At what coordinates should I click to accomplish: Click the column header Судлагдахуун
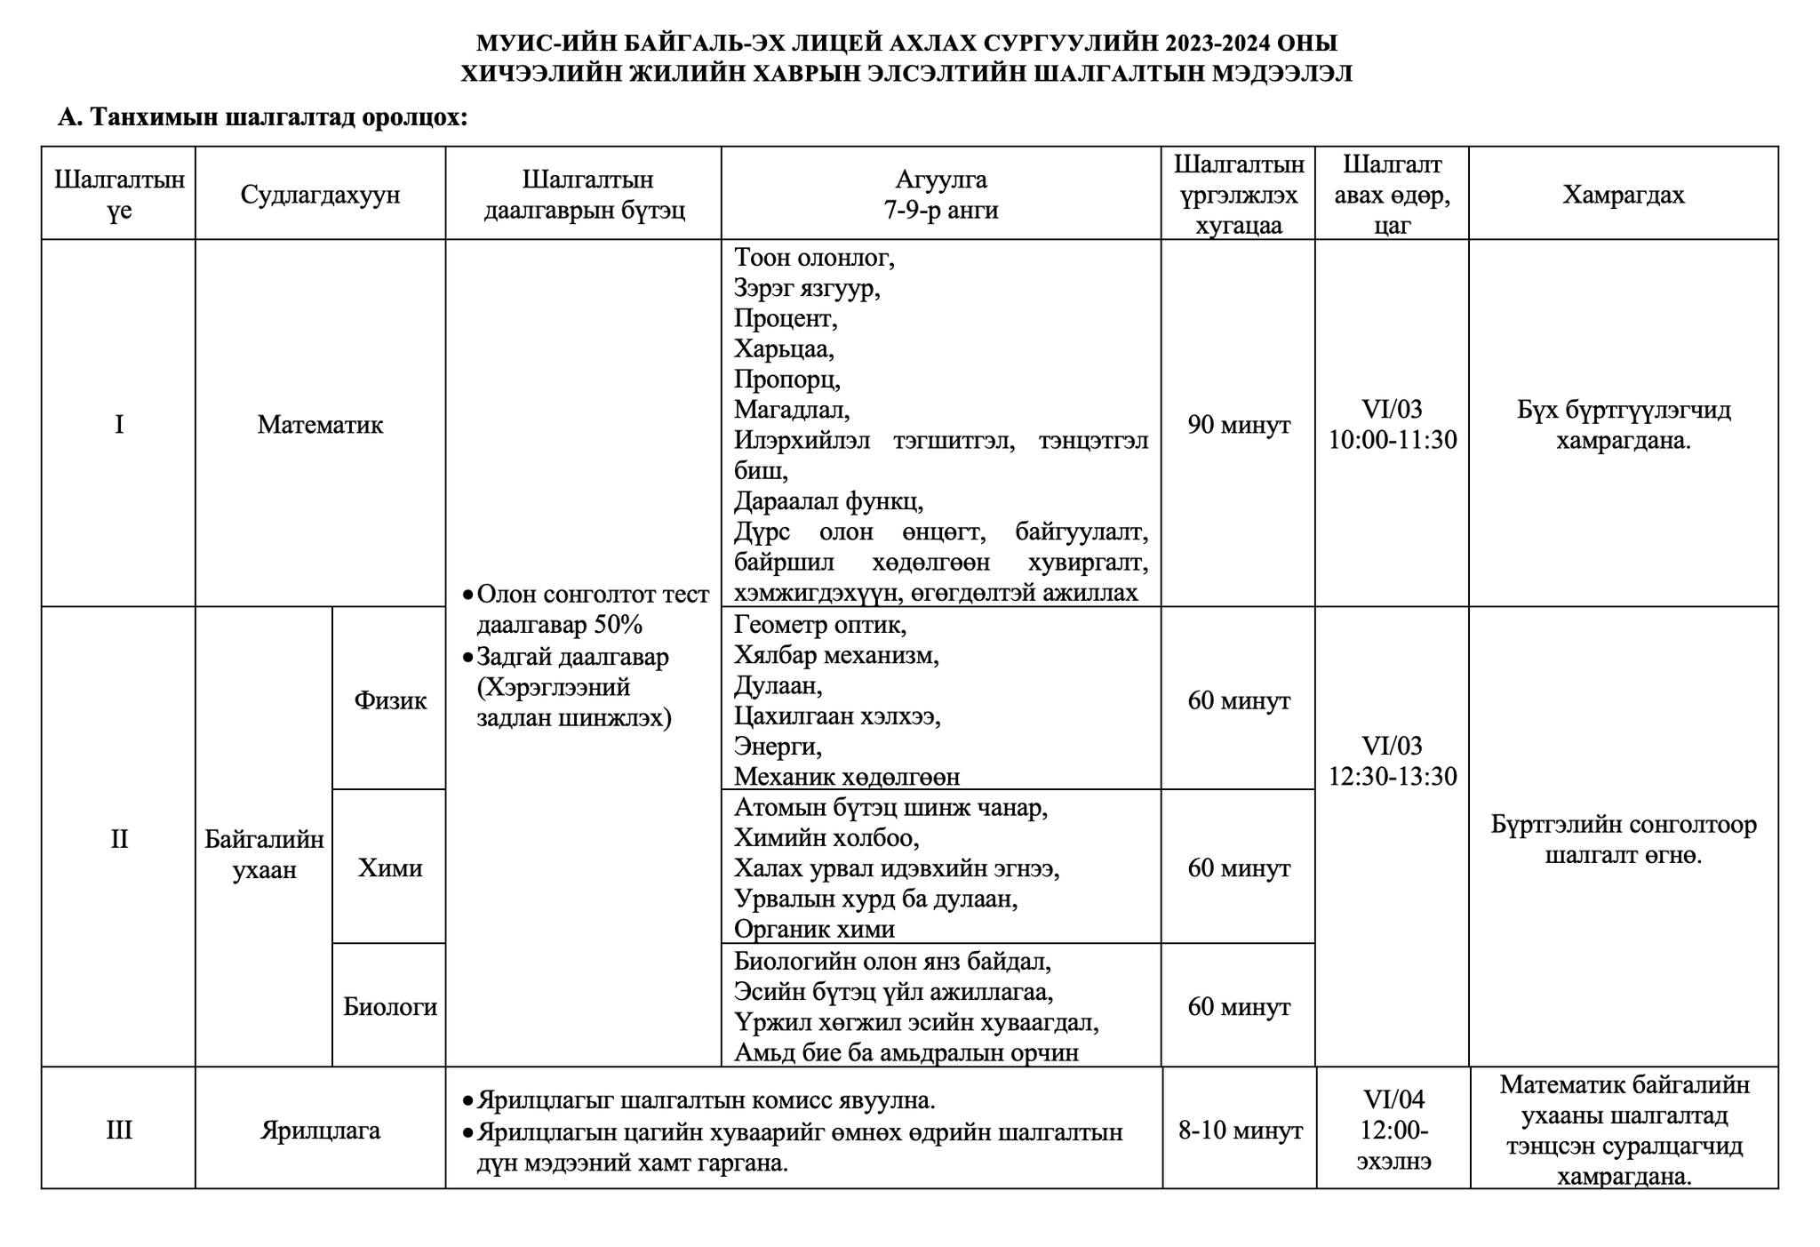320,195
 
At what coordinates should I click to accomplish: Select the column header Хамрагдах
1623,195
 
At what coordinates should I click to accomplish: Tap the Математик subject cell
320,425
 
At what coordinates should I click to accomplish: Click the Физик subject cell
390,700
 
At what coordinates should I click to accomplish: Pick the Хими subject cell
390,867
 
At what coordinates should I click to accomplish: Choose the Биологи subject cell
390,1007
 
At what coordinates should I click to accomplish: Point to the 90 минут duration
1239,425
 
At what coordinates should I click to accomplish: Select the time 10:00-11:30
1393,440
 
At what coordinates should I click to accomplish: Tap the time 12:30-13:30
1393,777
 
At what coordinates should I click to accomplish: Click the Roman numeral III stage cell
119,1131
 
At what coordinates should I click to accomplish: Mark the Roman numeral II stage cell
119,839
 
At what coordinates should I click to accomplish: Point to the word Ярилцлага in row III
320,1131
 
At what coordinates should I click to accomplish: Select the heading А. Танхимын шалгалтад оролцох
262,117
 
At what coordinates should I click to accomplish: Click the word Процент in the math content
785,318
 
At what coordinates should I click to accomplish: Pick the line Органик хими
814,929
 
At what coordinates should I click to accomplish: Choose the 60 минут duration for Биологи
1239,1007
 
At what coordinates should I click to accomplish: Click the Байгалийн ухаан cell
264,854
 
